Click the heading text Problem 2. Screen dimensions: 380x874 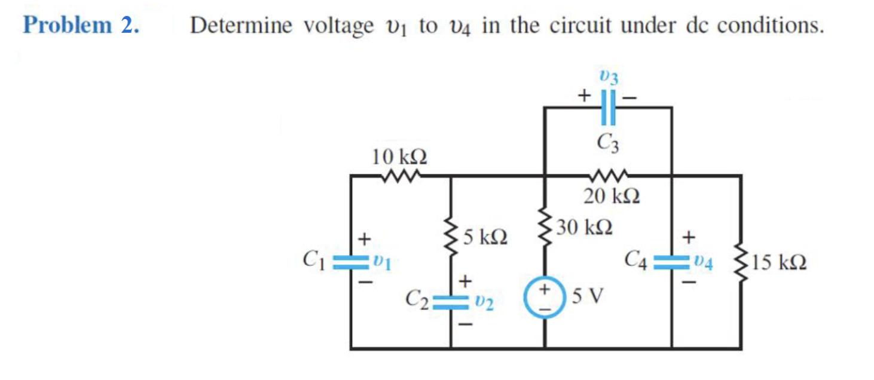tap(81, 26)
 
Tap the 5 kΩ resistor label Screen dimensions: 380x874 tap(486, 238)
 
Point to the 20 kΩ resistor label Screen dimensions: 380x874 tap(612, 195)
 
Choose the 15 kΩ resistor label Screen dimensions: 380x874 tap(779, 262)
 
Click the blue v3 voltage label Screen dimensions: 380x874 tap(609, 77)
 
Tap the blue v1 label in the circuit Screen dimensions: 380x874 tap(384, 261)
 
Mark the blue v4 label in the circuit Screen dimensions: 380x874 tap(707, 261)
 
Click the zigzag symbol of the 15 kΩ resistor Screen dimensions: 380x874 tap(741, 262)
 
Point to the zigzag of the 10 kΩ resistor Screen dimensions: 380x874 tap(400, 176)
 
